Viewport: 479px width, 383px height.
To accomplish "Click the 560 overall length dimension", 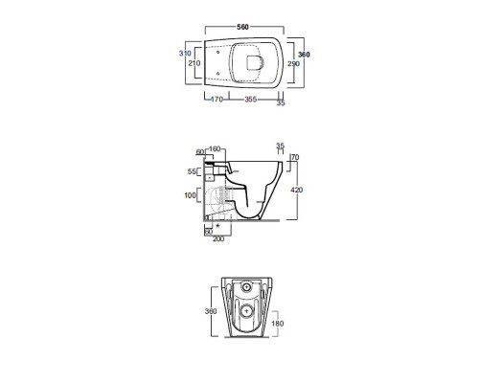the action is (242, 27).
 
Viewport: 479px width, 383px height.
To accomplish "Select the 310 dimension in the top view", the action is (185, 54).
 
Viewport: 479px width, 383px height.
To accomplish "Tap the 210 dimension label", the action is (194, 63).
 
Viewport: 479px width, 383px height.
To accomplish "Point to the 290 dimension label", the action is (293, 63).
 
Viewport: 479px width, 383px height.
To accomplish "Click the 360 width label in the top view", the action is (304, 55).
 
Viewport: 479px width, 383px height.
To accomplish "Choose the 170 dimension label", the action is (217, 100).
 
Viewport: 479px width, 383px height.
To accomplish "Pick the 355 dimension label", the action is (251, 100).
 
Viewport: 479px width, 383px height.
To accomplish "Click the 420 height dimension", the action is (297, 190).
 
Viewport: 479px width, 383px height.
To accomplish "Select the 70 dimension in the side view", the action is (295, 157).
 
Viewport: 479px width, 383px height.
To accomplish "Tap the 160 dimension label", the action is (215, 149).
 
